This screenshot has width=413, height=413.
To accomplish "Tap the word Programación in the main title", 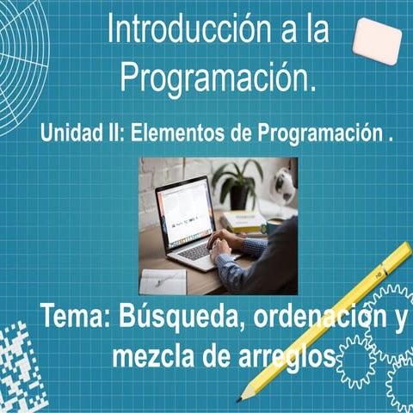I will coord(219,78).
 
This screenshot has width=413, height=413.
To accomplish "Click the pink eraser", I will coord(377,40).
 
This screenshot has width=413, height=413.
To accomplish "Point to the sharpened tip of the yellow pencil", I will coord(243,396).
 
